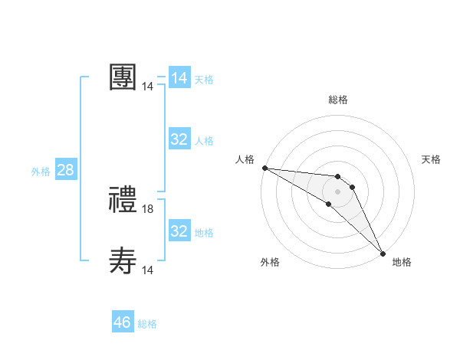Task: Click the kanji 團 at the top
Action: [x=123, y=77]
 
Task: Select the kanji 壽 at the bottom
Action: [x=123, y=261]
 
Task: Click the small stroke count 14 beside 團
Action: [x=148, y=87]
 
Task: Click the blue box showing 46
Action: [x=123, y=322]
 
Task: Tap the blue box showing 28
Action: [x=65, y=170]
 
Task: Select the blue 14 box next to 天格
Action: [x=179, y=78]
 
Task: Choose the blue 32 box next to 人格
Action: [x=179, y=139]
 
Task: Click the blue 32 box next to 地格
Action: [x=179, y=231]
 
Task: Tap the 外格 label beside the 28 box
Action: [x=41, y=172]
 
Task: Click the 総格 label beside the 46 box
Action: [x=147, y=324]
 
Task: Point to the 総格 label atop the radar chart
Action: [x=338, y=100]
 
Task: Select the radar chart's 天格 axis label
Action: [x=432, y=159]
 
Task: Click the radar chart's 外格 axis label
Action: [x=270, y=262]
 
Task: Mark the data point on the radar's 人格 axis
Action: [x=264, y=167]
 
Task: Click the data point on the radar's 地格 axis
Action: [x=382, y=252]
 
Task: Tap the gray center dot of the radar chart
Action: [x=338, y=191]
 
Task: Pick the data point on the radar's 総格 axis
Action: [x=338, y=177]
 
